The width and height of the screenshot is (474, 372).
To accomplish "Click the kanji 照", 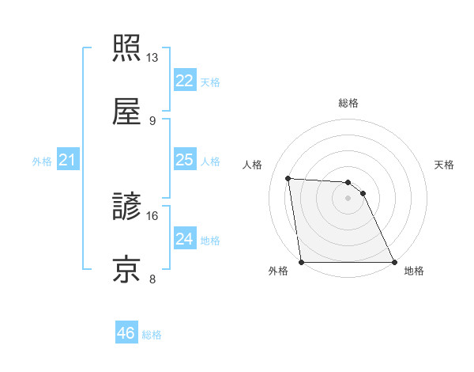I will (126, 47).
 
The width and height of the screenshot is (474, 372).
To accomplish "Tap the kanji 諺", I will (126, 205).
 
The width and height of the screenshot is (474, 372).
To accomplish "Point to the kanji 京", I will (126, 268).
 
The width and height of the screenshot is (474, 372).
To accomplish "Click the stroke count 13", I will (152, 58).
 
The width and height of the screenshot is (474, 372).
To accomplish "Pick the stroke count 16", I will (152, 215).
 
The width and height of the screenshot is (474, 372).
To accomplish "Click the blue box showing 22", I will (184, 82).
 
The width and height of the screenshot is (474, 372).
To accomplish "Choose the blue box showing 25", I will (184, 160).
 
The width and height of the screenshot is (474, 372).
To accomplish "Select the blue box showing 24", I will (184, 239).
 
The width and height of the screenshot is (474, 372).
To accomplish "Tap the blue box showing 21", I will (67, 161).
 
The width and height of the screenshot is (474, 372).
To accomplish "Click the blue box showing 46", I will (126, 333).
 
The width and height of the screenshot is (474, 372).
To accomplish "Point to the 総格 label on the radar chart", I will (348, 103).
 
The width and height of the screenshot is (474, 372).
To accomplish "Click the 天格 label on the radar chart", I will (445, 165).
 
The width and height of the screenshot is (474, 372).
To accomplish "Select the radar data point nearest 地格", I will (394, 262).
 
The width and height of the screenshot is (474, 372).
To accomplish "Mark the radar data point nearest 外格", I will (302, 262).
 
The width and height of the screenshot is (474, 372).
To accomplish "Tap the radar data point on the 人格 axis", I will (288, 178).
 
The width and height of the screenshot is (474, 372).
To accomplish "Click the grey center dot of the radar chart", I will (348, 198).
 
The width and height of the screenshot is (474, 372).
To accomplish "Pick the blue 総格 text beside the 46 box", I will (152, 335).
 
